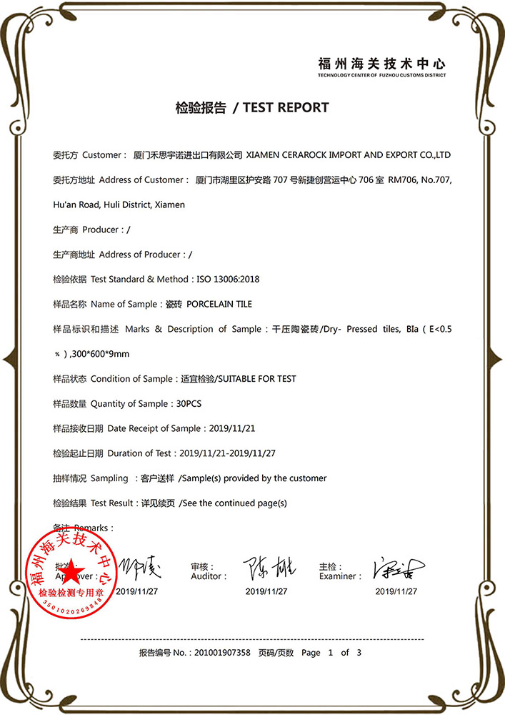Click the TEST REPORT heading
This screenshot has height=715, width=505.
(x=286, y=108)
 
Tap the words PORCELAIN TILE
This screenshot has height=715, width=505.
(x=219, y=304)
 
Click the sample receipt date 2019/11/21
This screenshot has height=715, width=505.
(x=231, y=428)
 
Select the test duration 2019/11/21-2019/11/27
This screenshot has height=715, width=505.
(x=227, y=453)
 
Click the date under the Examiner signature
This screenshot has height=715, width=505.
(x=396, y=591)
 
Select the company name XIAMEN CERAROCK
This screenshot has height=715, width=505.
(x=286, y=154)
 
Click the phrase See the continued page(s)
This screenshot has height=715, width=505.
(x=234, y=503)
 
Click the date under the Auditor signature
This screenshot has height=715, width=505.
(x=266, y=591)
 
